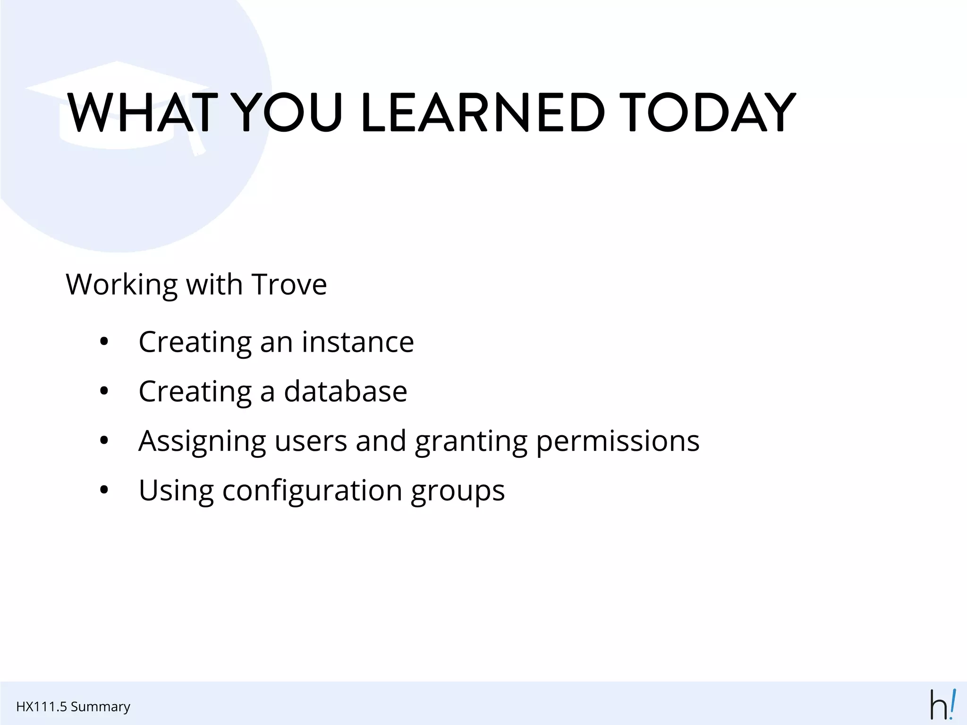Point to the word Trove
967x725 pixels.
click(x=289, y=285)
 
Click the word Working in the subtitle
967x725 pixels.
click(x=122, y=285)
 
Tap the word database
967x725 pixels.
click(x=345, y=391)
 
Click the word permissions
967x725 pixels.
click(x=618, y=441)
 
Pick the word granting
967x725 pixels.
click(x=471, y=441)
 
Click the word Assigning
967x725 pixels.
click(x=202, y=441)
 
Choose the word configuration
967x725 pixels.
click(x=312, y=490)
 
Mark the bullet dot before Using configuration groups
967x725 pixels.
click(x=104, y=490)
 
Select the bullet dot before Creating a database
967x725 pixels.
click(x=104, y=391)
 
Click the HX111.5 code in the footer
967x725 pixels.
click(x=42, y=707)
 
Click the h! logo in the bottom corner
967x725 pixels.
click(x=942, y=704)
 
